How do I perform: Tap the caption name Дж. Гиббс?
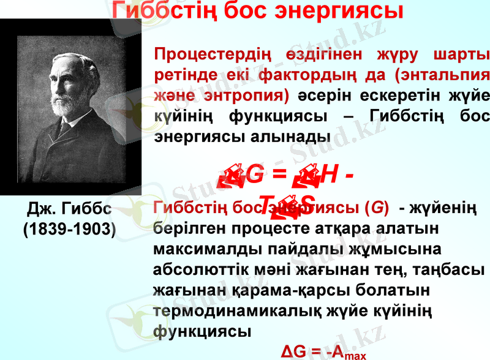point(69,210)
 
